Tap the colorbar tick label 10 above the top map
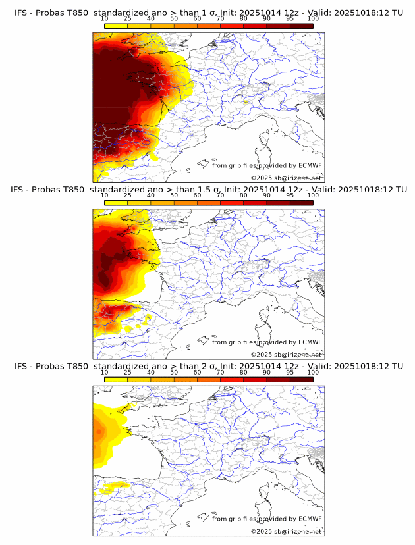(x=105, y=19)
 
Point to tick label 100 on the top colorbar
(x=313, y=19)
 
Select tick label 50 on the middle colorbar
(x=174, y=195)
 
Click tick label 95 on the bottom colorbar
(x=290, y=372)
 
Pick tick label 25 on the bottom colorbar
(x=128, y=372)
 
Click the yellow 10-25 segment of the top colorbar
(x=116, y=26)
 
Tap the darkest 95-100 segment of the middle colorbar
(x=301, y=202)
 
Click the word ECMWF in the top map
(x=310, y=166)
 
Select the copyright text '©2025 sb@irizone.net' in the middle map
(x=286, y=354)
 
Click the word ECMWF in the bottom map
(x=310, y=519)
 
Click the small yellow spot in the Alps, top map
(x=245, y=102)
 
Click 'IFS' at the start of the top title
(x=21, y=13)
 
